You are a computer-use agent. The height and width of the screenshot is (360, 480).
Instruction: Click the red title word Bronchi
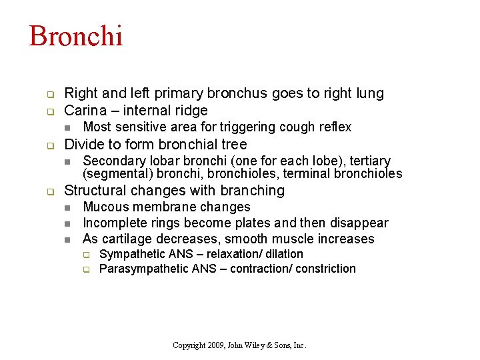pyautogui.click(x=76, y=37)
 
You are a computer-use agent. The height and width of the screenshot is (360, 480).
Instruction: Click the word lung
pyautogui.click(x=370, y=93)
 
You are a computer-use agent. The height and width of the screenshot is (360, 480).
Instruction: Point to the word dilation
pyautogui.click(x=285, y=254)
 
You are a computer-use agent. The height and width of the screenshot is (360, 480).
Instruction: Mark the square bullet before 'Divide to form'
pyautogui.click(x=49, y=145)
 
